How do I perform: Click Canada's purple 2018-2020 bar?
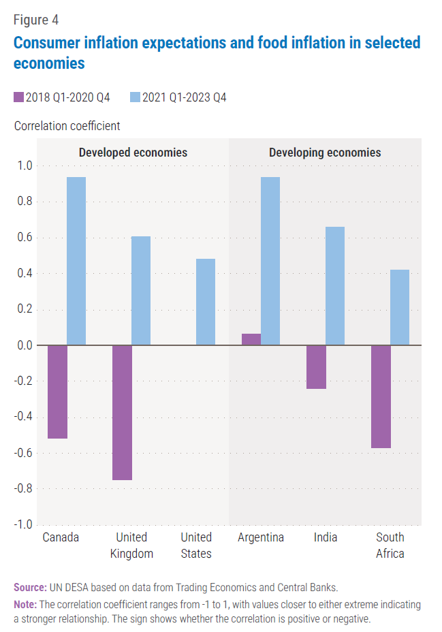[57, 392]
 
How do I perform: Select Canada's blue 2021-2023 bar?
[76, 261]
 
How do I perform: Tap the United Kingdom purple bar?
[122, 413]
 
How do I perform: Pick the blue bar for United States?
[206, 302]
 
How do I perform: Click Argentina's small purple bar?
[251, 339]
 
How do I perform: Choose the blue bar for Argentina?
[270, 261]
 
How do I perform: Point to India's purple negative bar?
[316, 367]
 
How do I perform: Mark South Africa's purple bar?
[381, 396]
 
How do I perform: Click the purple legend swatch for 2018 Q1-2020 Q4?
[18, 97]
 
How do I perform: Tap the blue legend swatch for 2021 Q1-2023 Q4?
[135, 97]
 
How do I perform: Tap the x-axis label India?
[326, 537]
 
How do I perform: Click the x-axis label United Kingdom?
[131, 545]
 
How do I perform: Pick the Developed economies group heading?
[133, 152]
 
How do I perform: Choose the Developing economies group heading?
[325, 152]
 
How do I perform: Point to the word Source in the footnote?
[29, 587]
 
